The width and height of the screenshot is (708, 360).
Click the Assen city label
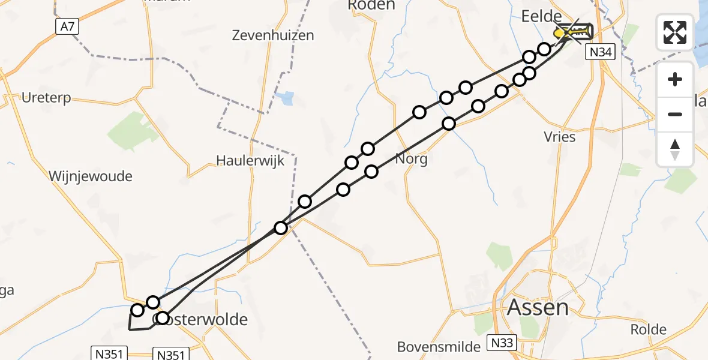tap(538, 308)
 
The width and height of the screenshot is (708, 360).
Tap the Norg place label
tap(412, 160)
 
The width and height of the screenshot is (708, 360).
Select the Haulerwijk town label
tap(250, 161)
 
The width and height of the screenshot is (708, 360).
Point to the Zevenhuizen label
tap(273, 35)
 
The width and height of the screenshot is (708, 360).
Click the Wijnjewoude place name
tap(91, 176)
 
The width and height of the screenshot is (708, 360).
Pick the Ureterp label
tap(46, 98)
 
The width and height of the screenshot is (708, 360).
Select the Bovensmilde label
tap(439, 347)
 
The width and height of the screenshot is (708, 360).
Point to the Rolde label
tap(649, 329)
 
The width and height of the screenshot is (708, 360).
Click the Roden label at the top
tap(371, 5)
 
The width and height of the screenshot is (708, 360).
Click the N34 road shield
tap(601, 53)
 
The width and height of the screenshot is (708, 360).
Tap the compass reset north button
tap(675, 149)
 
